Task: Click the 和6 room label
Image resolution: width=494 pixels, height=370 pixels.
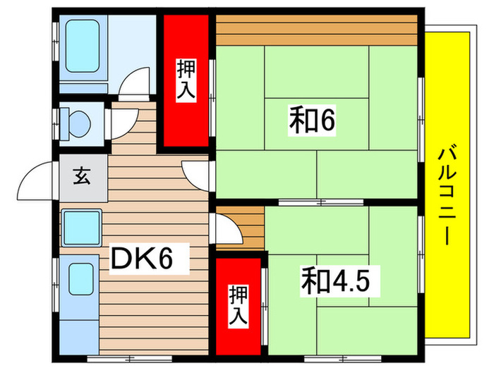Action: pyautogui.click(x=311, y=121)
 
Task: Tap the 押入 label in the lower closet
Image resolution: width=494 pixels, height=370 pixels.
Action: pyautogui.click(x=239, y=305)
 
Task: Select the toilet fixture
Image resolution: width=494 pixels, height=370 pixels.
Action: pyautogui.click(x=77, y=122)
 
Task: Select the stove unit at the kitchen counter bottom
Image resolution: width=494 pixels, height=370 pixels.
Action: pyautogui.click(x=80, y=281)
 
